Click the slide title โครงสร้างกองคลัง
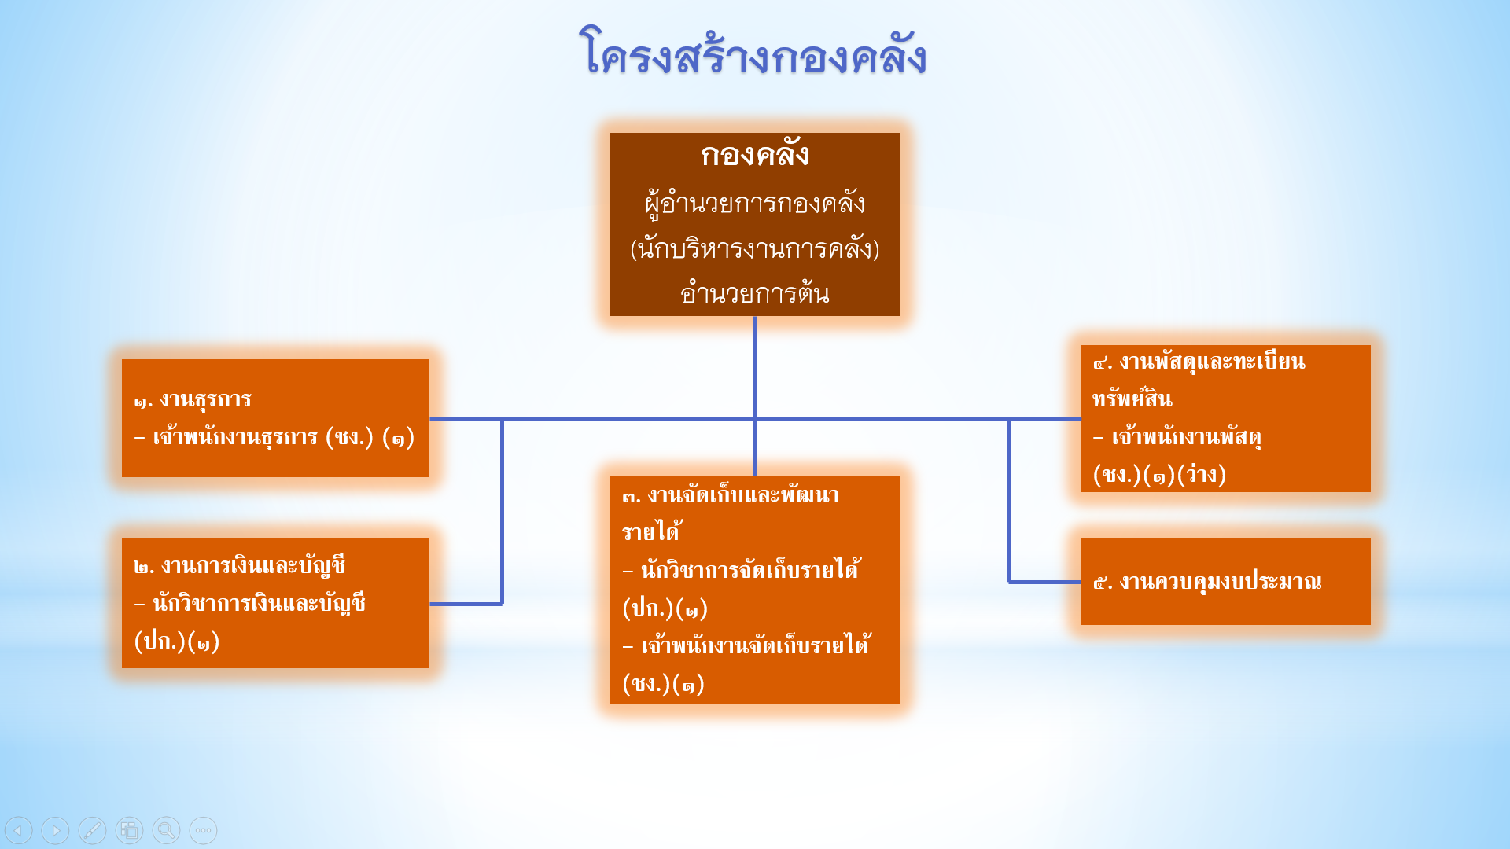click(753, 53)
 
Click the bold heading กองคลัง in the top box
click(755, 154)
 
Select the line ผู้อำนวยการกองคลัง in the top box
click(755, 204)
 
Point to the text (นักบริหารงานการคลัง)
click(755, 248)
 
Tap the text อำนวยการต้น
click(755, 293)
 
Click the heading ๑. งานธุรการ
click(193, 400)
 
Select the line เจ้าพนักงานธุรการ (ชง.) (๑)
click(274, 437)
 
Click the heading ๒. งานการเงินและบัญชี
click(239, 566)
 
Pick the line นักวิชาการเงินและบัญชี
click(250, 604)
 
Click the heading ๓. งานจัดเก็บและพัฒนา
click(731, 495)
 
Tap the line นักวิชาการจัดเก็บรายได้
click(742, 569)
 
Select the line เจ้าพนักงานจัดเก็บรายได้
click(746, 645)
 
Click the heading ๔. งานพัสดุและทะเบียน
click(1199, 362)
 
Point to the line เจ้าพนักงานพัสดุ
click(1177, 437)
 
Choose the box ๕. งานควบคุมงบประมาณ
click(1225, 582)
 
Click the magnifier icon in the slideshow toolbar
click(166, 830)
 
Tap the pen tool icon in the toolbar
click(92, 830)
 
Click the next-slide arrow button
click(55, 830)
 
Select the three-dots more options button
click(203, 830)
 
